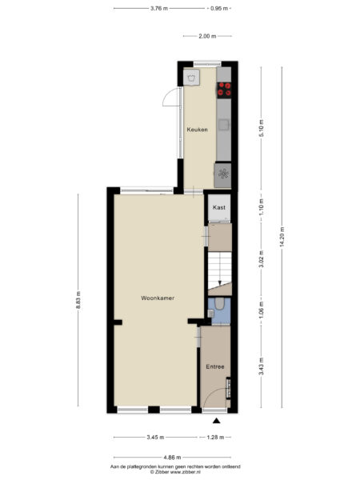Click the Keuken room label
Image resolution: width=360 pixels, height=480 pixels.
coord(198,130)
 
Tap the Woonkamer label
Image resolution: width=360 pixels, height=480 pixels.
coord(158,298)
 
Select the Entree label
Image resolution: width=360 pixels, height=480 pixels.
coord(214,366)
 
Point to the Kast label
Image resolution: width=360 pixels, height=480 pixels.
coord(219,207)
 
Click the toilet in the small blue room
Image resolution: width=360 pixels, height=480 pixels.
coord(219,307)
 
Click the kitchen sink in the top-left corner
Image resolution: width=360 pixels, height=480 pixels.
coord(192,78)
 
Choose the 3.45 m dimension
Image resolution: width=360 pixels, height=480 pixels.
coord(156,438)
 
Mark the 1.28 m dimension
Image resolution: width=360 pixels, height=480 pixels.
coord(216,438)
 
